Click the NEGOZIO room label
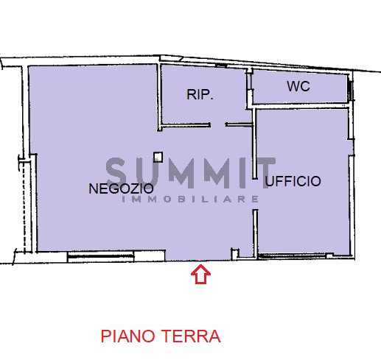[x=121, y=188]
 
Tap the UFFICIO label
[x=293, y=180]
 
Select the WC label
[x=298, y=87]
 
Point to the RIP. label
[x=200, y=94]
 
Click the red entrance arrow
[x=201, y=275]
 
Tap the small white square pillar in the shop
[x=158, y=156]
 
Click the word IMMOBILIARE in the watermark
[x=189, y=200]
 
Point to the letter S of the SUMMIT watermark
[x=117, y=172]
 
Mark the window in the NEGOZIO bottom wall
[x=100, y=256]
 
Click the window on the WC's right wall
[x=351, y=88]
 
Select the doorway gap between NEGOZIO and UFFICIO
[x=255, y=195]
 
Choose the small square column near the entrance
[x=235, y=255]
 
